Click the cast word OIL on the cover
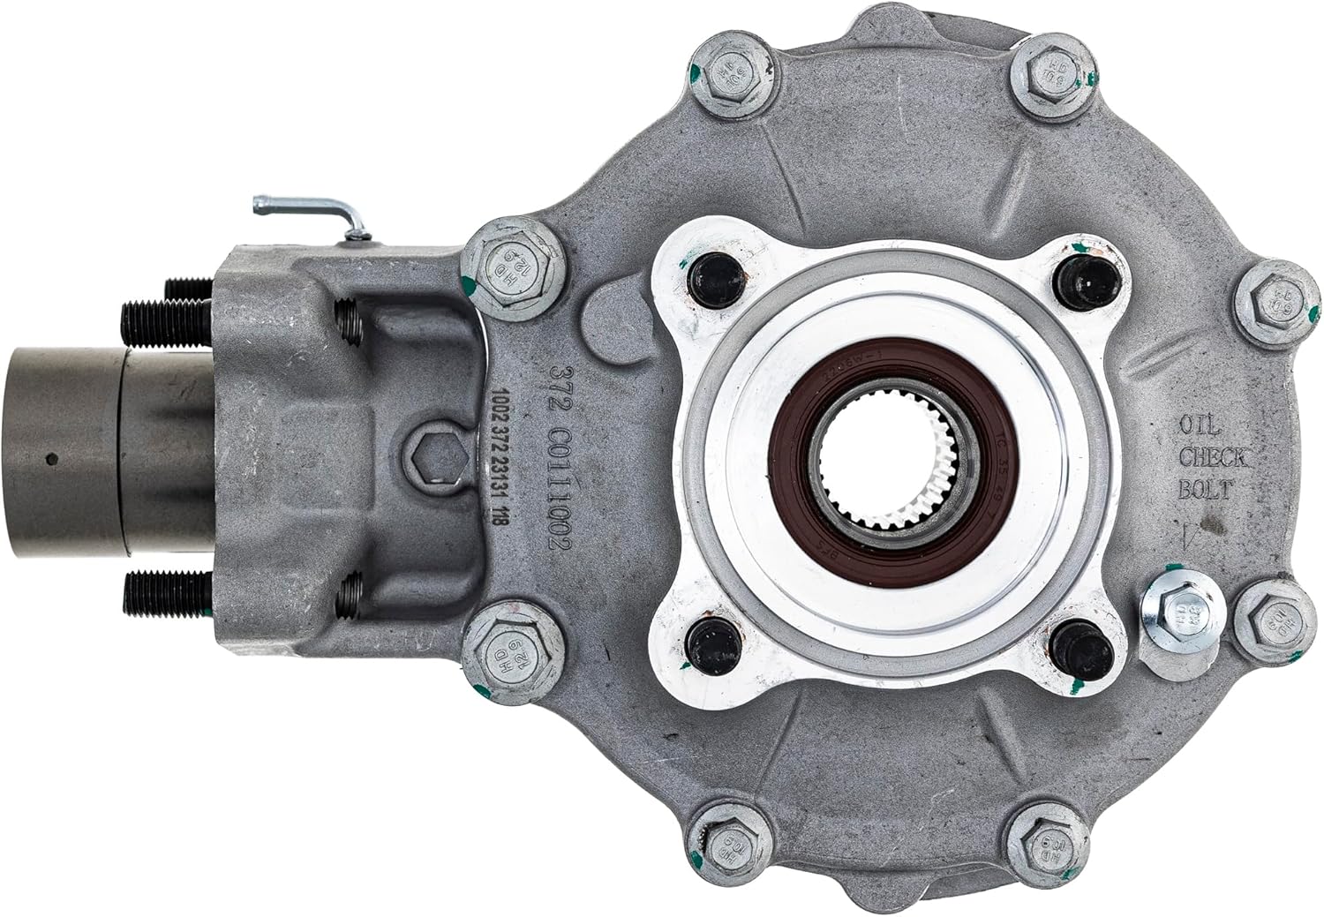click(x=1199, y=428)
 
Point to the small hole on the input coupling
click(x=54, y=458)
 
